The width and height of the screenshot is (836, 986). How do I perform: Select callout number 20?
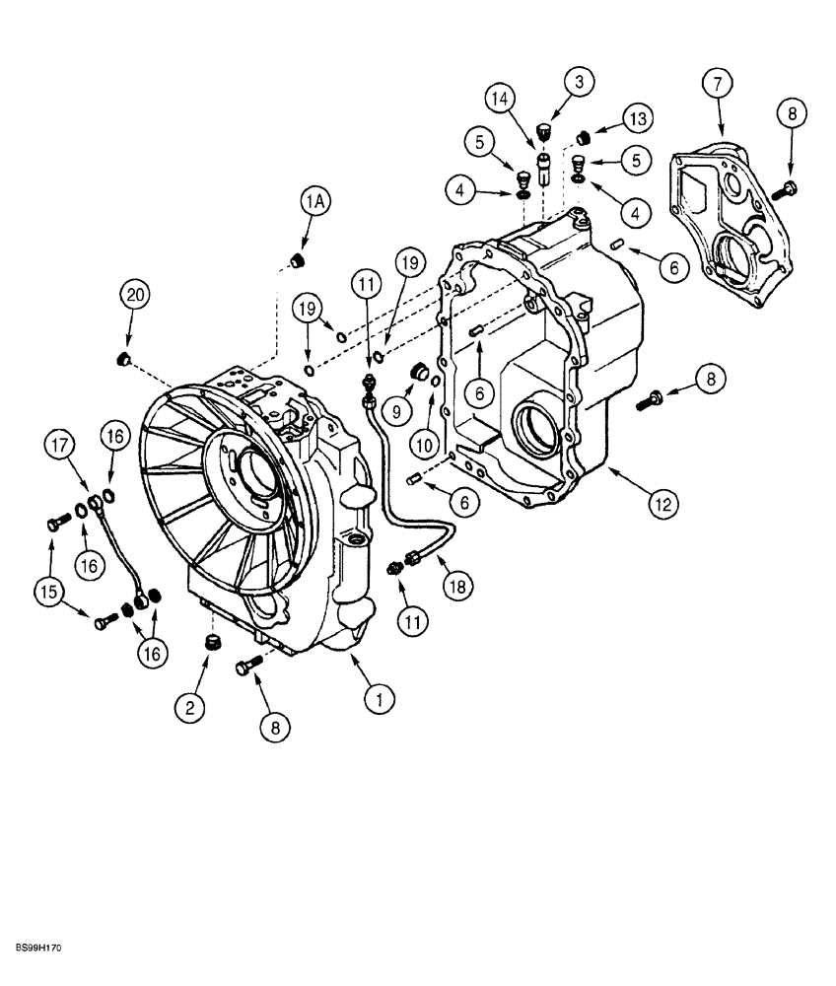pos(136,295)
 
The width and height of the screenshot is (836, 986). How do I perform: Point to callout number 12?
pos(662,504)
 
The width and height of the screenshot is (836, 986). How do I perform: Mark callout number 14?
pos(500,99)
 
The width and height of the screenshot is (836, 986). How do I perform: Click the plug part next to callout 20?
pos(124,357)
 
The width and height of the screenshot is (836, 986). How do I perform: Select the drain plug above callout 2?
pos(211,643)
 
